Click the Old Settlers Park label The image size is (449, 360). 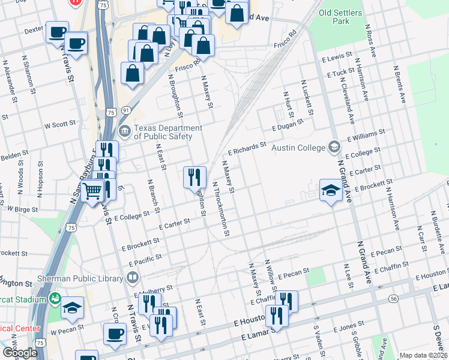(340, 17)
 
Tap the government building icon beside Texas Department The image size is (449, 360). (125, 131)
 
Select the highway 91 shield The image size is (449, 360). (125, 110)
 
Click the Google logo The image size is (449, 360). (19, 353)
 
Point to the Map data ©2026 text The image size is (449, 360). (423, 355)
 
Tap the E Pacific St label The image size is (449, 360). (145, 260)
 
